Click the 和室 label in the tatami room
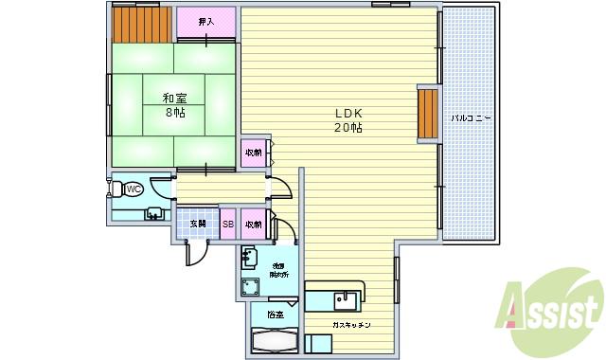coord(172,99)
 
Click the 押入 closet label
coord(206,21)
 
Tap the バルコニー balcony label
coord(470,118)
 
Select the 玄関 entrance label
coord(197,224)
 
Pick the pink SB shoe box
coord(228,224)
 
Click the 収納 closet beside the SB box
coord(254,224)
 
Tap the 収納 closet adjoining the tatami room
coord(254,153)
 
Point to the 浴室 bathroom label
coord(276,313)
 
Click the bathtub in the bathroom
coord(275,339)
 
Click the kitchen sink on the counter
coord(345,300)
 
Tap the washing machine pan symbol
coord(252,287)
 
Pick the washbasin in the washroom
coord(250,255)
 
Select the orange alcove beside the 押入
coord(141,25)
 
